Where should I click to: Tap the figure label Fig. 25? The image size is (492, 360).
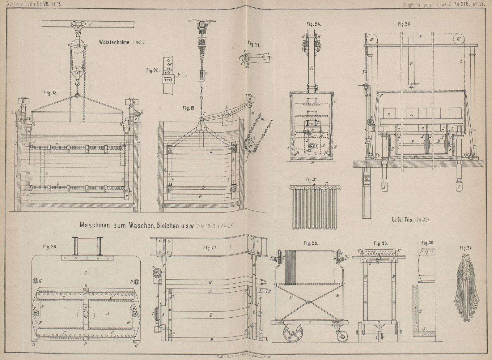[x=405, y=24]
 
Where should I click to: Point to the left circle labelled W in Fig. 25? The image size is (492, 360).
[x=371, y=39]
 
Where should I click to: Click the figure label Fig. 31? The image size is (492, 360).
[x=312, y=179]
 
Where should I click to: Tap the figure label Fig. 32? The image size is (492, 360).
[x=466, y=248]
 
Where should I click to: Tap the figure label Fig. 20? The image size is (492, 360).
[x=153, y=70]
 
